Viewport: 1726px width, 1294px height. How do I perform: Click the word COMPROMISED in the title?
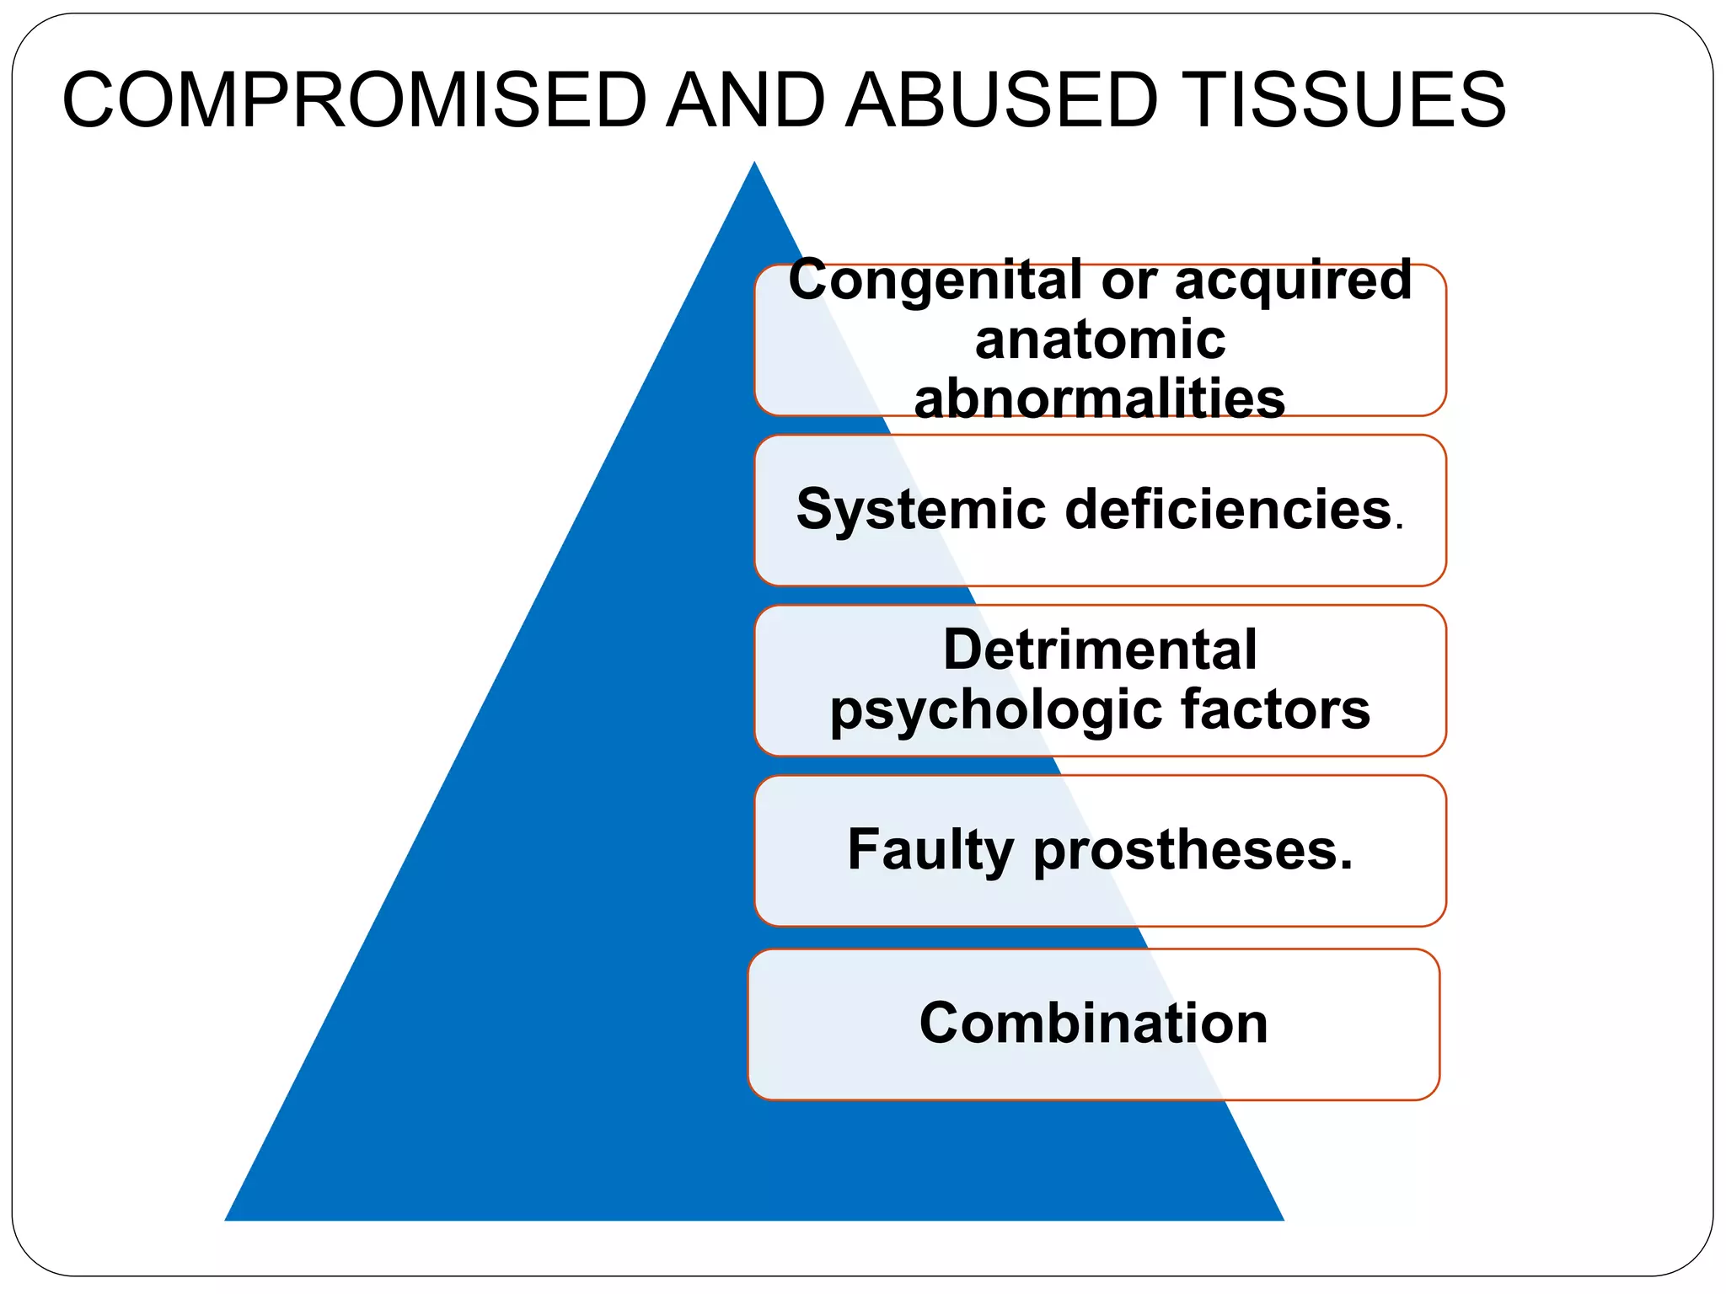pos(354,100)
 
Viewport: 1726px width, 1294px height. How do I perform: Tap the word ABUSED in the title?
pos(1002,100)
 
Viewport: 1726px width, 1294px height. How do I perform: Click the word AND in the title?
pos(745,100)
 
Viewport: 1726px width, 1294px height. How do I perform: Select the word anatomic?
pos(1100,340)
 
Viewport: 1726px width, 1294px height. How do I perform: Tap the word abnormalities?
pos(1100,398)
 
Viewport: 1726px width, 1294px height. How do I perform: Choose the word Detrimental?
pos(1100,650)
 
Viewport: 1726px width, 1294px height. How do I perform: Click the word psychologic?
pos(995,709)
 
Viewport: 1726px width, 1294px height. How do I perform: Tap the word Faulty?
pos(930,850)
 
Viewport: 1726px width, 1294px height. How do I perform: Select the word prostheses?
pos(1192,850)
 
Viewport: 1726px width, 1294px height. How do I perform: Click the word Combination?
pos(1093,1024)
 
